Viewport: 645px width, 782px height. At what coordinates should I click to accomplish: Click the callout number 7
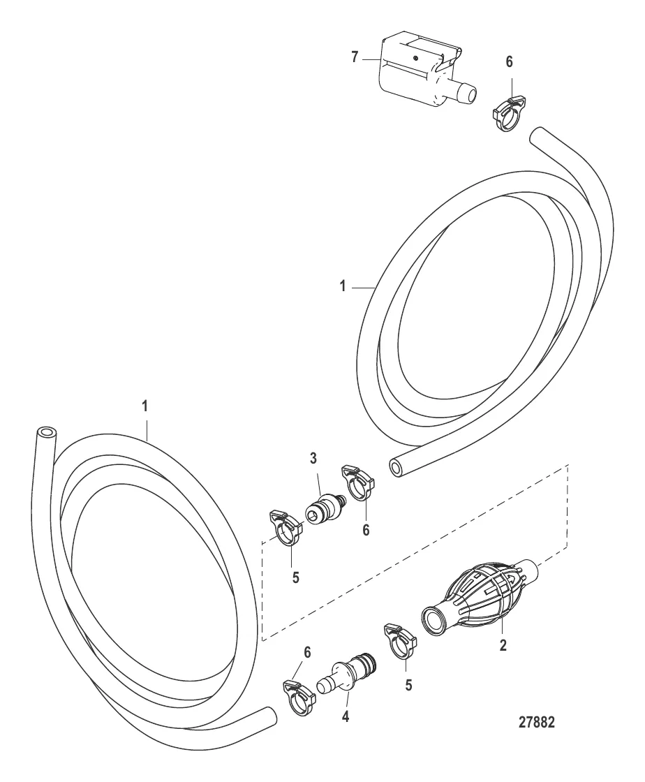(355, 57)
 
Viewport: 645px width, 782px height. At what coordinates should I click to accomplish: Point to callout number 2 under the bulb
(503, 645)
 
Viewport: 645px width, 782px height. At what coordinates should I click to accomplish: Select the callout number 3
(313, 458)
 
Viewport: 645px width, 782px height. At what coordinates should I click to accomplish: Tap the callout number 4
(346, 716)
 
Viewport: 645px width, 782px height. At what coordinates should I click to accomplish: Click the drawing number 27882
(536, 723)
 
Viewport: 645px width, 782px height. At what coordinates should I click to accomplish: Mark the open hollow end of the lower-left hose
(46, 433)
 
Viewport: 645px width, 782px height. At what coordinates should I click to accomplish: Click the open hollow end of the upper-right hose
(397, 469)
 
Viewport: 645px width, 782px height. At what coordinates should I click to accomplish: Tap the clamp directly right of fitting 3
(358, 482)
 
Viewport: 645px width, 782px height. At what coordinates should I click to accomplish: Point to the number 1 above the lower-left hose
(145, 420)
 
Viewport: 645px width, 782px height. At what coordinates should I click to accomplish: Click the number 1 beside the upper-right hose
(343, 287)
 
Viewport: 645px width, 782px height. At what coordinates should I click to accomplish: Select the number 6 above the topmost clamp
(509, 62)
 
